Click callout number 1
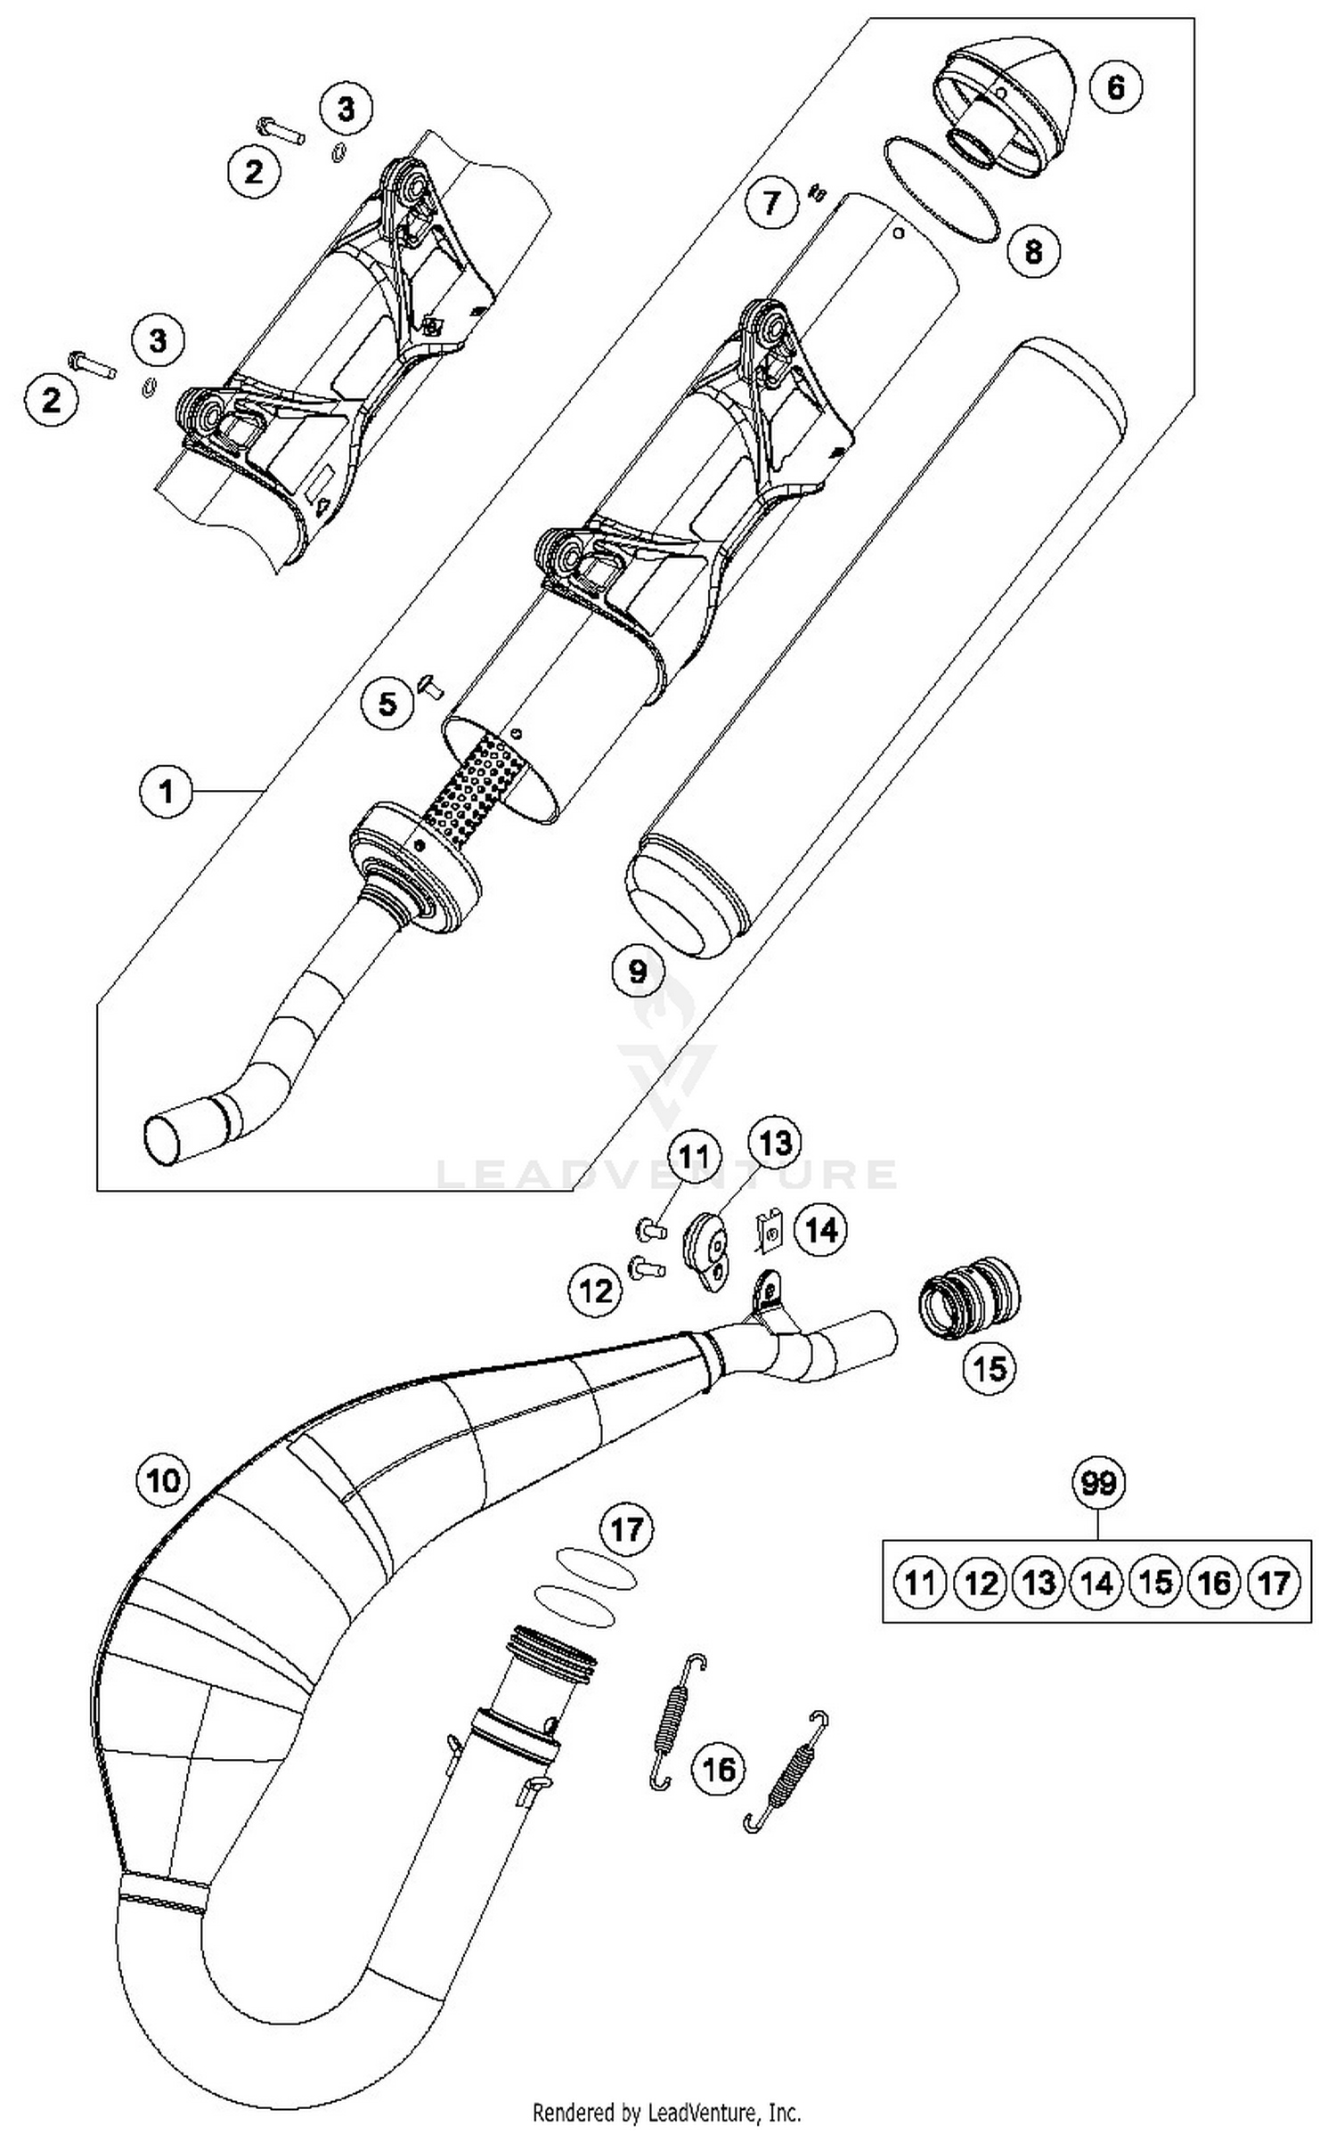tap(167, 790)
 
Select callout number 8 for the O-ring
tap(1033, 250)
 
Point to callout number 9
tap(638, 970)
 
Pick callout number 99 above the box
tap(1098, 1483)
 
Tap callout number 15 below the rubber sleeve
tap(990, 1367)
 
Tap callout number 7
tap(771, 202)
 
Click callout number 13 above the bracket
tap(774, 1143)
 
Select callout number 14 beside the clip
tap(820, 1230)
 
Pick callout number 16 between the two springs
tap(719, 1768)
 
